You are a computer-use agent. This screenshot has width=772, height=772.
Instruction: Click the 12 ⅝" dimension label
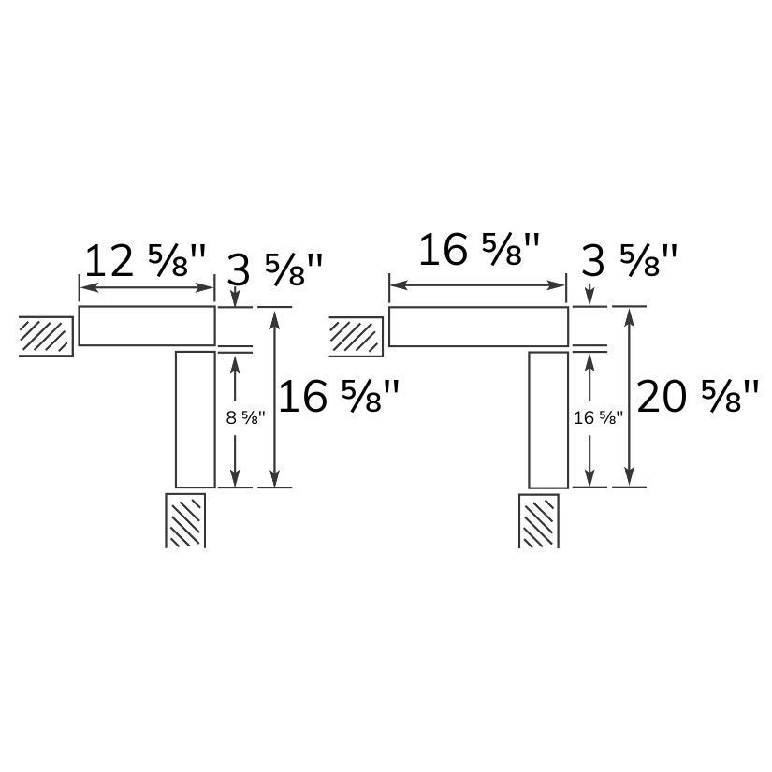pyautogui.click(x=145, y=262)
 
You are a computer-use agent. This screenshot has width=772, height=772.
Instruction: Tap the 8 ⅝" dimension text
pyautogui.click(x=246, y=418)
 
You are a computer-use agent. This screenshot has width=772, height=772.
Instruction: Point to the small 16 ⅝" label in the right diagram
pyautogui.click(x=599, y=418)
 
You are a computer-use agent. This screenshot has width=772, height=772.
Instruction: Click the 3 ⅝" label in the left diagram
pyautogui.click(x=275, y=269)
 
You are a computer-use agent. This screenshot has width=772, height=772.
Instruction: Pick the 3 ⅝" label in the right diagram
pyautogui.click(x=629, y=261)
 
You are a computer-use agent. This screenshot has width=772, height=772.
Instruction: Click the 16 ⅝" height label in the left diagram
pyautogui.click(x=339, y=397)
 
